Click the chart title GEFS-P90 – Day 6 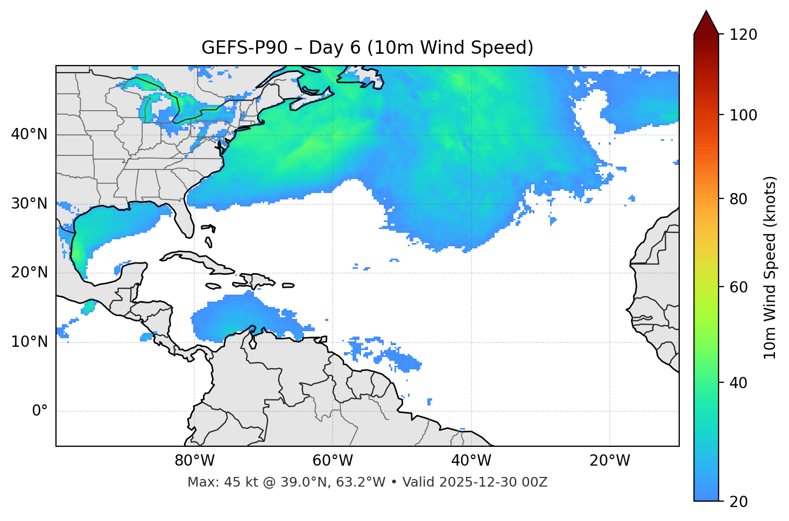(367, 48)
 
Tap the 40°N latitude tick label (29, 134)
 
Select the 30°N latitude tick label (29, 204)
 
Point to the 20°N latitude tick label (29, 273)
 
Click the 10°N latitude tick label (29, 342)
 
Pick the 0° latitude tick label (39, 411)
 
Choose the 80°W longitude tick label (194, 461)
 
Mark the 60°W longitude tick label (333, 461)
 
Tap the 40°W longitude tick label (471, 461)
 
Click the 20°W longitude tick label (609, 461)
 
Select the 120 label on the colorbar (743, 35)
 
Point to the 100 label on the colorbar (743, 115)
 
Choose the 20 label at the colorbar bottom (739, 502)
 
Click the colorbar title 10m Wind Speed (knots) (770, 268)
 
